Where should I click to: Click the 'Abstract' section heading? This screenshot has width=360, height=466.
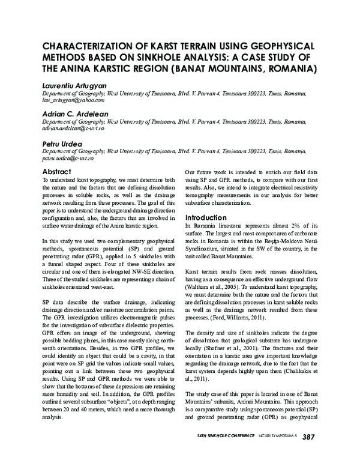click(57, 171)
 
